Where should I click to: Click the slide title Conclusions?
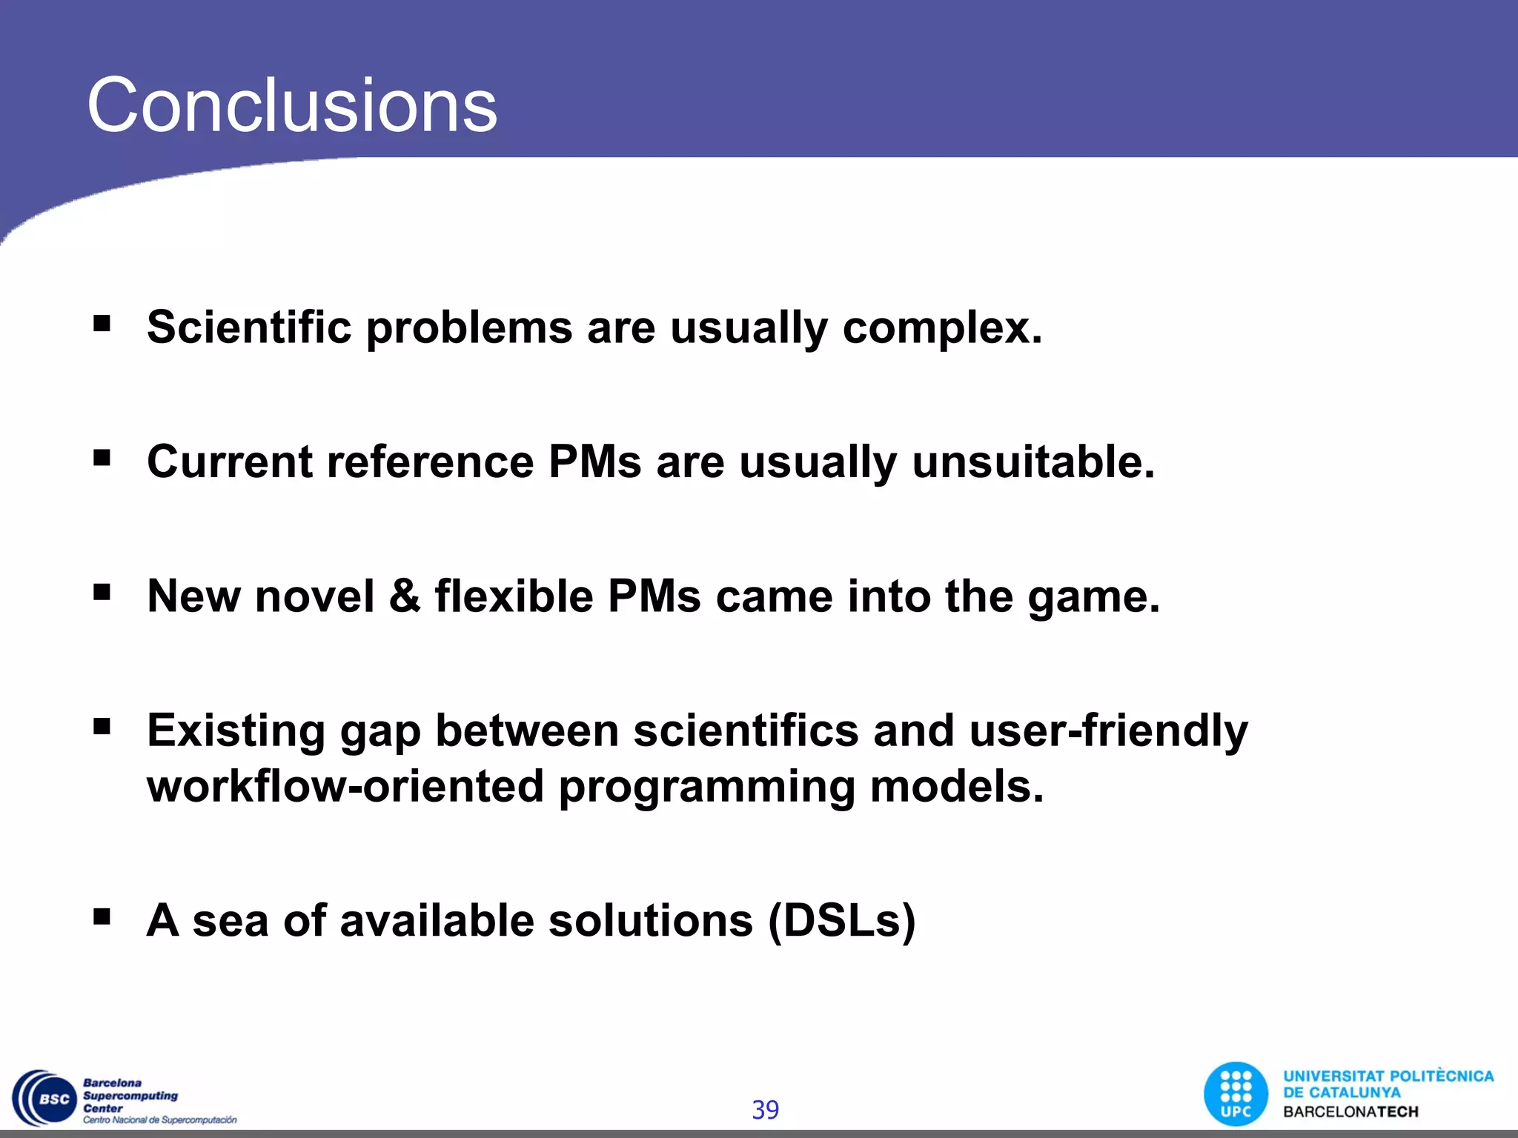click(292, 106)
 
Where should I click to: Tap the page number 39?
click(765, 1110)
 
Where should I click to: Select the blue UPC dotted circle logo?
click(1236, 1094)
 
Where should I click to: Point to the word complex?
click(942, 328)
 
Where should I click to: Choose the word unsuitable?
click(1033, 462)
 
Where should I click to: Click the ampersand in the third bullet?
click(405, 596)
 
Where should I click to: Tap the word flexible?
click(514, 596)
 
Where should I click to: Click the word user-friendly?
click(1108, 731)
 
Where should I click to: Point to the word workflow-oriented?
click(345, 786)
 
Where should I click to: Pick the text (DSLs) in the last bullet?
click(842, 921)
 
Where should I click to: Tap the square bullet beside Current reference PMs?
click(102, 458)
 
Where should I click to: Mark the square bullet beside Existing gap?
click(102, 727)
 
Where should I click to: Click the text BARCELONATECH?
click(1350, 1112)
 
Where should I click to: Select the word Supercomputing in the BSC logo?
click(130, 1096)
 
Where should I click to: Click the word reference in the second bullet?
click(430, 462)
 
